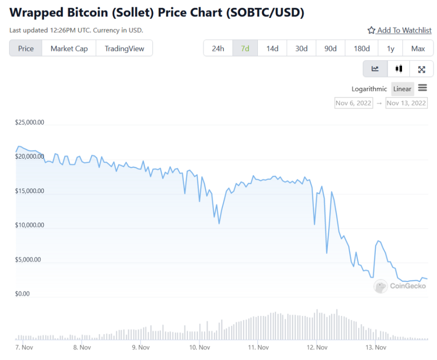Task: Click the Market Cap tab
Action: point(69,49)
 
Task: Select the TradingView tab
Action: point(124,49)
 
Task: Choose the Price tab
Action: point(26,49)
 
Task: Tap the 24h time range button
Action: point(218,49)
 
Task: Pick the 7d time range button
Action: point(245,49)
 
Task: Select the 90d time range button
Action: point(331,49)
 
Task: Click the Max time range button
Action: point(418,49)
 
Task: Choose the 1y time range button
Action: point(390,49)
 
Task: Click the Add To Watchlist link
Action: point(399,31)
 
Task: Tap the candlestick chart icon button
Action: point(399,69)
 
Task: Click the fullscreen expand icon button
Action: point(421,69)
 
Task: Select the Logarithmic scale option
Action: point(369,89)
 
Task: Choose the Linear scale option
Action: point(402,89)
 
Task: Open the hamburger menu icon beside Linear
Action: point(422,88)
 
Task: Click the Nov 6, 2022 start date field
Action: point(353,103)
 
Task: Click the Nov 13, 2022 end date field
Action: point(406,103)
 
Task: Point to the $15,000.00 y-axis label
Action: point(30,191)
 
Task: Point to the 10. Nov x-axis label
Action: point(199,347)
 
